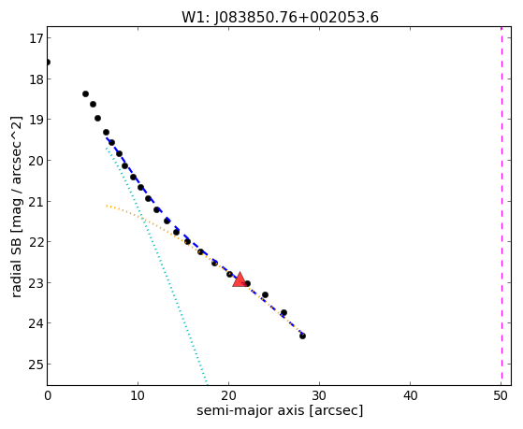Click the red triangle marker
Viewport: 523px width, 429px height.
tap(240, 279)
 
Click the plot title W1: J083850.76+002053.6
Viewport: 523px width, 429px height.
tap(280, 17)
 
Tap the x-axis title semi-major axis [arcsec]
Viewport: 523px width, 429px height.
tap(280, 410)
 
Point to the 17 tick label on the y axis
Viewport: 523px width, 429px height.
tap(36, 38)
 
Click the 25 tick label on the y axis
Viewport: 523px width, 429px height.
tap(36, 365)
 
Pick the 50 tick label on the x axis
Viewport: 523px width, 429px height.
tap(501, 395)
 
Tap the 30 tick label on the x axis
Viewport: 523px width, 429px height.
tap(320, 395)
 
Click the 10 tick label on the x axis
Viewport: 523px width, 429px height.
tap(138, 395)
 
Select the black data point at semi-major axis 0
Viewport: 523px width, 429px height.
tap(48, 63)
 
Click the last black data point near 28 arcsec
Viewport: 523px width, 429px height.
tap(302, 336)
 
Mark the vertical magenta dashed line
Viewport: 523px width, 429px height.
tap(501, 206)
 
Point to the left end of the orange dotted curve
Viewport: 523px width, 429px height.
tap(107, 206)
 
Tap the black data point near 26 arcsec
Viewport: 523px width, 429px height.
tap(283, 313)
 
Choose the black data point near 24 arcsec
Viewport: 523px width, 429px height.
tap(265, 294)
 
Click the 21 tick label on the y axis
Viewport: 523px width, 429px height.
tap(36, 202)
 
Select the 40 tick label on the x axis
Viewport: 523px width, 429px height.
tap(411, 395)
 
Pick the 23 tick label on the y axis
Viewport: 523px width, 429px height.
tap(36, 283)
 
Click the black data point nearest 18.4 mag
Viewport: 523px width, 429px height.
tap(86, 94)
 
